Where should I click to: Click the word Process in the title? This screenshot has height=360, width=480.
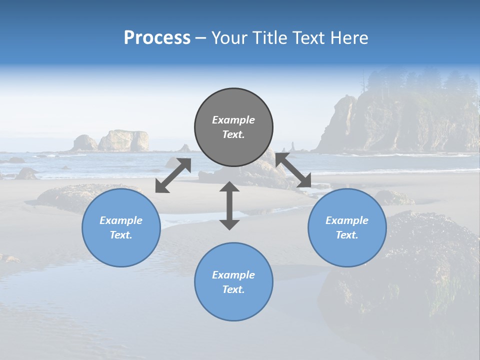tap(157, 37)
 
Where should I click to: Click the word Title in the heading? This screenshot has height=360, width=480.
tap(269, 37)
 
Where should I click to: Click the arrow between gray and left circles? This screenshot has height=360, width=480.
tap(173, 175)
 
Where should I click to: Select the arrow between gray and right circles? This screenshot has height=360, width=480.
tap(293, 170)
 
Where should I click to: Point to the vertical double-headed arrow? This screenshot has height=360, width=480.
tap(229, 206)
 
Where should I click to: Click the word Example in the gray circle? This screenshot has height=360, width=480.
tap(233, 120)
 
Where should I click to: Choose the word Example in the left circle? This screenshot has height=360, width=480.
tap(121, 220)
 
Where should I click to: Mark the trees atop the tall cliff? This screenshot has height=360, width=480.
tap(420, 82)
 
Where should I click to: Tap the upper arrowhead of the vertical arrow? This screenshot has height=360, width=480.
tap(229, 187)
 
